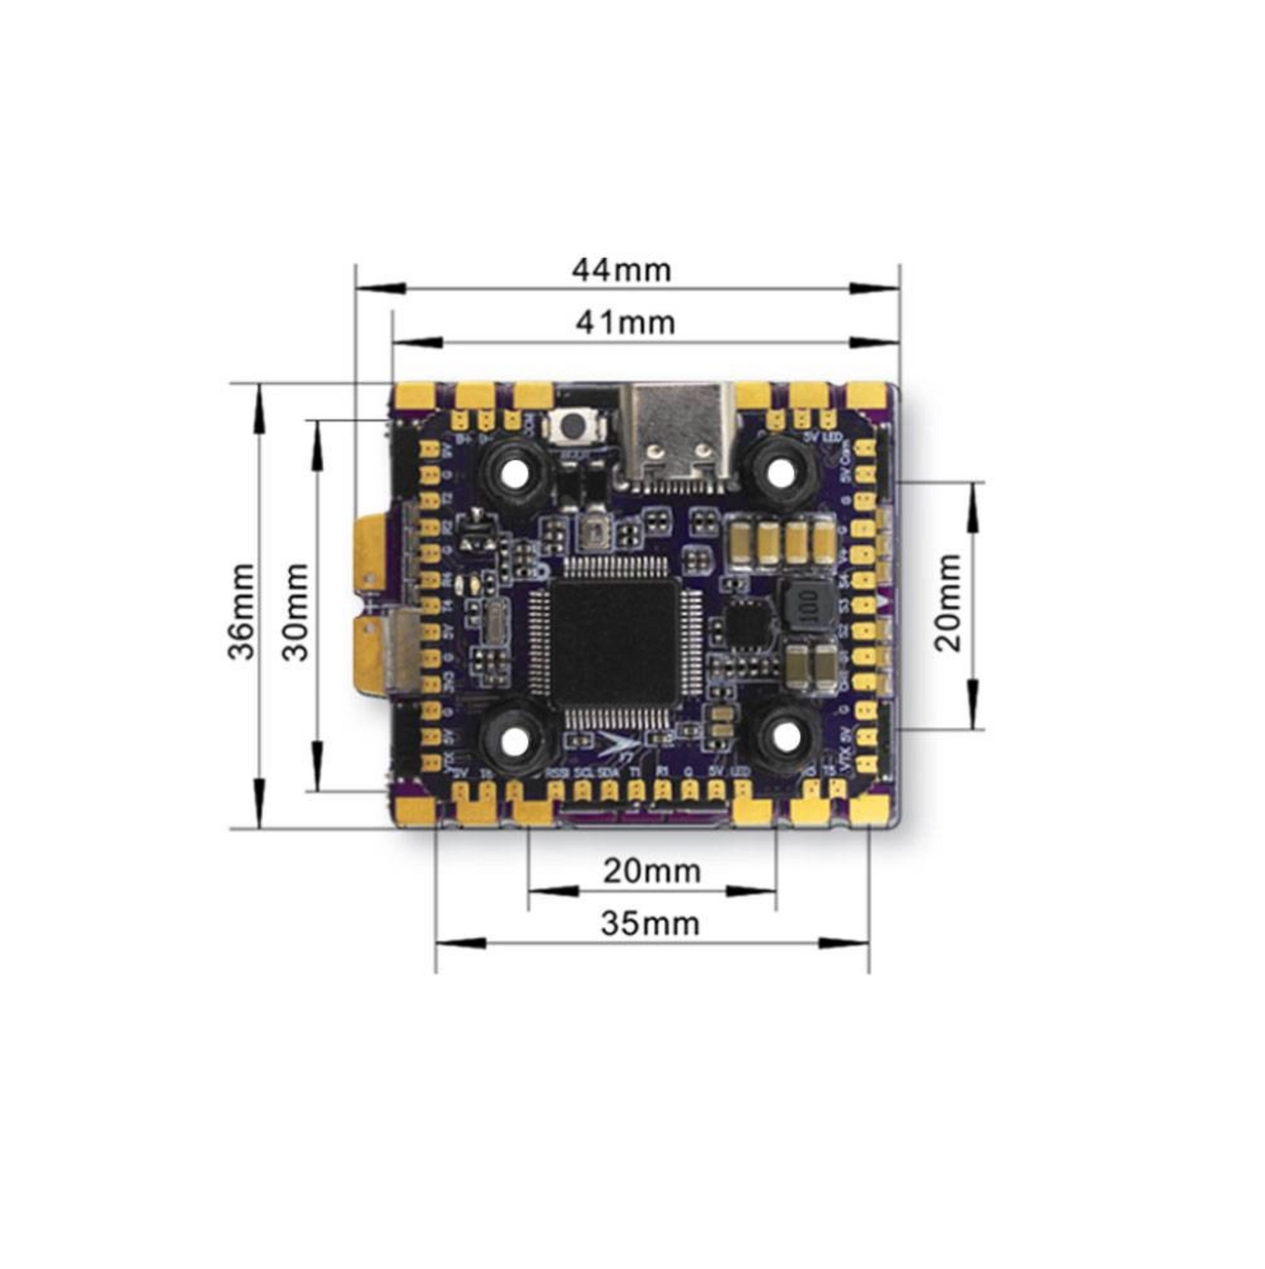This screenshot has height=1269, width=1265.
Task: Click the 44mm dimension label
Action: click(622, 270)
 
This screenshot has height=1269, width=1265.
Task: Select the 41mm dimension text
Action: click(625, 323)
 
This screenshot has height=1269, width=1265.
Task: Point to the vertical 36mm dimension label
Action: click(242, 612)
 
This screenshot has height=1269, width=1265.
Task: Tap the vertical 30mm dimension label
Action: click(295, 612)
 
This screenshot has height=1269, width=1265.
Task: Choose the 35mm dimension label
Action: click(650, 924)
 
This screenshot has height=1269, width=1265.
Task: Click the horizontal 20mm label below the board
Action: click(652, 871)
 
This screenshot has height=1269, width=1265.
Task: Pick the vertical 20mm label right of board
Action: click(948, 603)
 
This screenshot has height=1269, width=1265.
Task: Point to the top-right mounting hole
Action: click(777, 470)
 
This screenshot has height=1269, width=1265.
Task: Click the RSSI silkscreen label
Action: click(557, 772)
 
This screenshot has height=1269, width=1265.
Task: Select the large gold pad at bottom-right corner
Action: click(868, 809)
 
